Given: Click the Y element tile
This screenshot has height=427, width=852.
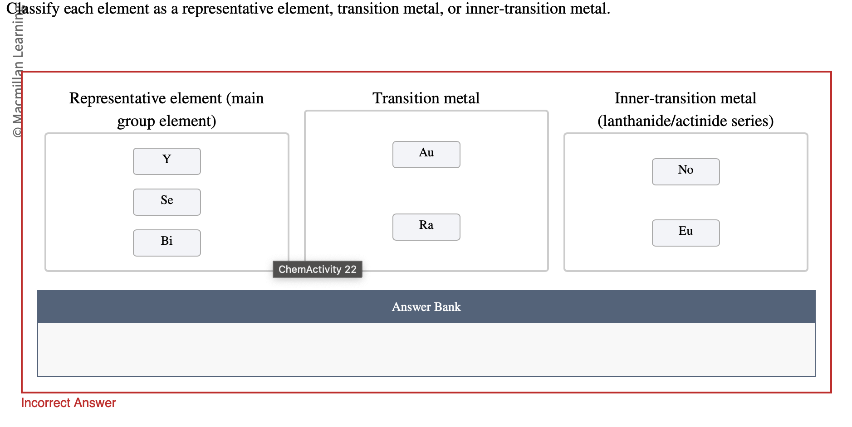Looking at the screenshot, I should (166, 161).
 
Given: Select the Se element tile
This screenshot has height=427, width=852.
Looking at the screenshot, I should (166, 202).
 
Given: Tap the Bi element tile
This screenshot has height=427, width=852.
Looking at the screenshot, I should (166, 243).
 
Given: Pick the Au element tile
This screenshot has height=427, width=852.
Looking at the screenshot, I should (426, 154).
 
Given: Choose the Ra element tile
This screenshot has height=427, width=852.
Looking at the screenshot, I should (426, 227).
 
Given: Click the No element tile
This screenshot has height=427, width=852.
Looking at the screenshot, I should (686, 171).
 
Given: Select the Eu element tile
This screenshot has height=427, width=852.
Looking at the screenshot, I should (686, 233).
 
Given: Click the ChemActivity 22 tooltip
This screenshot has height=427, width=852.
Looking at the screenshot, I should (317, 269).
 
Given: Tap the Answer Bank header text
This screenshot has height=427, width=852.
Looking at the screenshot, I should (426, 307).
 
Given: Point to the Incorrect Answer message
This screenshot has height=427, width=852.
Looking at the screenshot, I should (69, 403).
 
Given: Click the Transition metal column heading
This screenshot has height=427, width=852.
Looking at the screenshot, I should (426, 98).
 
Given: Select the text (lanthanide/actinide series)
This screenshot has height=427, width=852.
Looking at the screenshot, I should (686, 121).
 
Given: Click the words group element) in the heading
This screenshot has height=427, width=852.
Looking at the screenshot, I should (166, 121).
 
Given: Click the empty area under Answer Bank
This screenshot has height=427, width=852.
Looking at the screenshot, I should (426, 349).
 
